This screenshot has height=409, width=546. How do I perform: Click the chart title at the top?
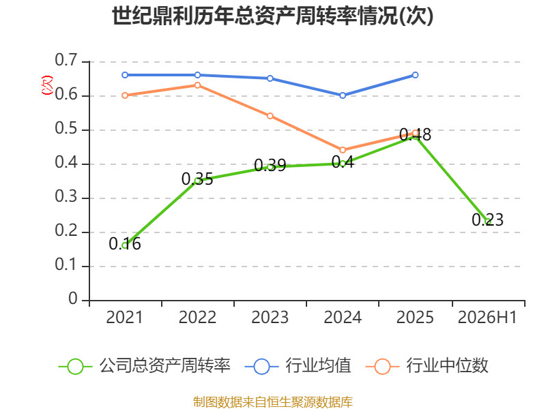coord(272,16)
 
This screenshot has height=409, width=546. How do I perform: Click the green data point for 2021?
coord(125,245)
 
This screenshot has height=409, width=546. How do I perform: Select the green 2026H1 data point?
coord(488,222)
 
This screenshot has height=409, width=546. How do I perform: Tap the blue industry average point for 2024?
coord(343,95)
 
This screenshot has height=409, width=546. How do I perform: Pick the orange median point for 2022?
coord(197,85)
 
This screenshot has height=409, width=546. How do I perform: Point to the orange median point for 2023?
coord(270,116)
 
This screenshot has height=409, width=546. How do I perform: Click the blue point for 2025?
coord(415,75)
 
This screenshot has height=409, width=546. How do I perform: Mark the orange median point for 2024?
coord(343,150)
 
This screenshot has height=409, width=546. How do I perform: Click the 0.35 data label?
coord(197,179)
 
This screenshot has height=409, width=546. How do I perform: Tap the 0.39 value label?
coord(270,165)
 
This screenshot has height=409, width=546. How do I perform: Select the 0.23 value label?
coord(487,219)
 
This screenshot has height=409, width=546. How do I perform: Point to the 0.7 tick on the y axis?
coord(66,60)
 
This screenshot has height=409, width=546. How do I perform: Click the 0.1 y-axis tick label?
coord(66,265)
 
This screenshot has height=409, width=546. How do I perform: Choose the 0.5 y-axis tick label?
coord(66,129)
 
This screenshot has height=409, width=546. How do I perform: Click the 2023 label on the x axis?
coord(270,318)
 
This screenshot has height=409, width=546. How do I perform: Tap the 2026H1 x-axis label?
coord(487,318)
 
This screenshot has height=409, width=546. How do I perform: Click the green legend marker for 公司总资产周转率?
coord(75,367)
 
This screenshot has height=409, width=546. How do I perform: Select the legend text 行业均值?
coord(318,366)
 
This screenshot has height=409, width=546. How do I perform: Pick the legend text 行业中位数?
coord(448,366)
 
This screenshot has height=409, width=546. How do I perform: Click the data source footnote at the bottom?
coord(273,402)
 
